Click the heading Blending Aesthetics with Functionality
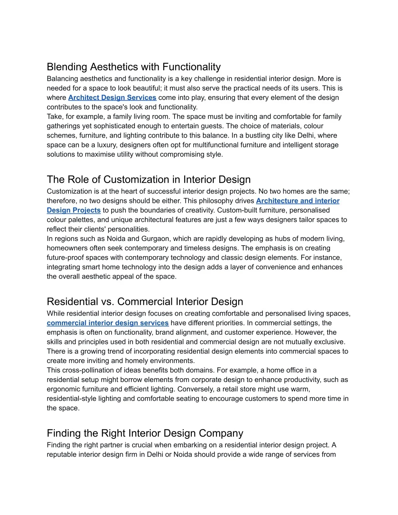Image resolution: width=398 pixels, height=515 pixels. coord(134,67)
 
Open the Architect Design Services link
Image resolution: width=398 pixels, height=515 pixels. coord(112,98)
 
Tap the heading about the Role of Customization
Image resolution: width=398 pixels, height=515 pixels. coord(148,180)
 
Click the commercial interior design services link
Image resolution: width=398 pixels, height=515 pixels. coord(108,323)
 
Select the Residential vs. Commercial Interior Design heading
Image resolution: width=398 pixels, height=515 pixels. coord(145,302)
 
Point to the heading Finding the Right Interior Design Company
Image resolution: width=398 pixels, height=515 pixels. coord(145,433)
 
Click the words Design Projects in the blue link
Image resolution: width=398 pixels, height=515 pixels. coord(73,210)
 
